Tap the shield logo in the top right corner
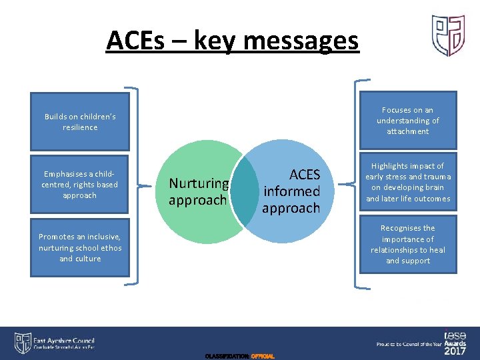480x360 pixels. (447, 35)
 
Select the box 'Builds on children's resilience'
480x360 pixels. (80, 122)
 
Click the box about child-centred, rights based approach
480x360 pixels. (79, 185)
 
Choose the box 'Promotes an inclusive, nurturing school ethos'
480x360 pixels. (80, 247)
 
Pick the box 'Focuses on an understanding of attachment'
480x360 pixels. (408, 121)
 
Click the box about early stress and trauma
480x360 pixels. (408, 183)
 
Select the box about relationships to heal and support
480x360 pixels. (408, 245)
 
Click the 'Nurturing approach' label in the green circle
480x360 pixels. (199, 191)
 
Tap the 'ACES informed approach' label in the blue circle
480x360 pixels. (291, 191)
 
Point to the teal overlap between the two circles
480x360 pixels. (245, 191)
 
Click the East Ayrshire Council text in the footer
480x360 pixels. (65, 340)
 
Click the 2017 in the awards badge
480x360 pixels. (456, 351)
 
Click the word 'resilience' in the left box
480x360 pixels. (80, 127)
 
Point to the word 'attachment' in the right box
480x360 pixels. (408, 131)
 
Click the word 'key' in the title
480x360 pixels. (217, 41)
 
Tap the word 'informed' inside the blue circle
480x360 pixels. (291, 191)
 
